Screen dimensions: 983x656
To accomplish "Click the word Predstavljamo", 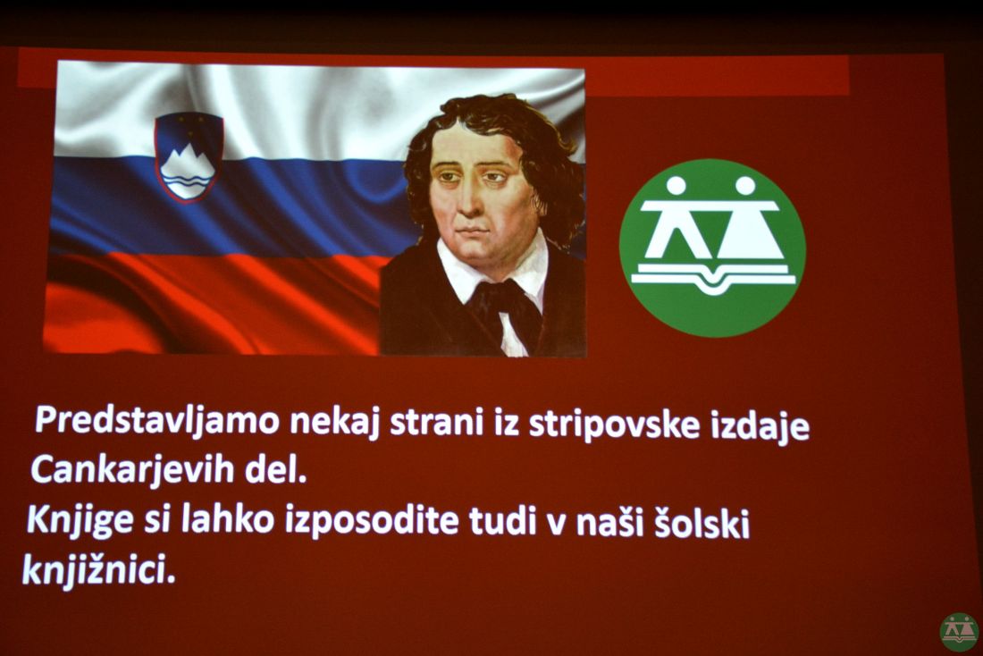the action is tap(156, 421).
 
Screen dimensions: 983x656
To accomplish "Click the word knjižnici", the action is tap(98, 569).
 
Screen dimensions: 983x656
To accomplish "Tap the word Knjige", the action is tap(80, 520).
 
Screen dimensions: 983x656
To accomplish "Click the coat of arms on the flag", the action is tap(189, 156).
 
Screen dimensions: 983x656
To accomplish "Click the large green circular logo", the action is tap(712, 247).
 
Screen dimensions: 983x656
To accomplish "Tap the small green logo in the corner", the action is tap(959, 632).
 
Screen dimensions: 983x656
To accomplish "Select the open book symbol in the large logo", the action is tap(713, 277).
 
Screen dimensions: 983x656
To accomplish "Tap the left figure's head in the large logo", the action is tap(676, 186).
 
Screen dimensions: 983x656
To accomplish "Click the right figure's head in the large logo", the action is tap(745, 186).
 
